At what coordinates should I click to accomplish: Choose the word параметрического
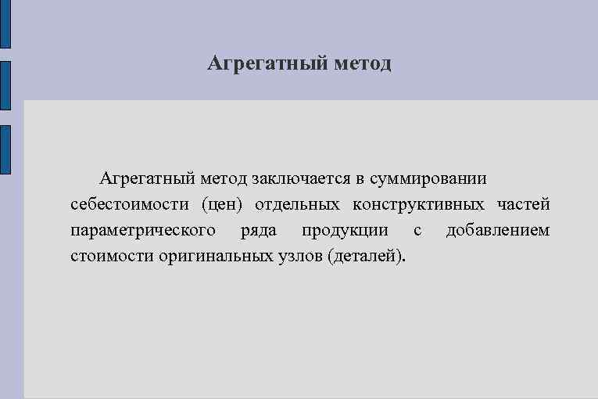(143, 231)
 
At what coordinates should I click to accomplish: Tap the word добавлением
(497, 231)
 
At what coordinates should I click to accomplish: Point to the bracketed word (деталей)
(368, 257)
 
